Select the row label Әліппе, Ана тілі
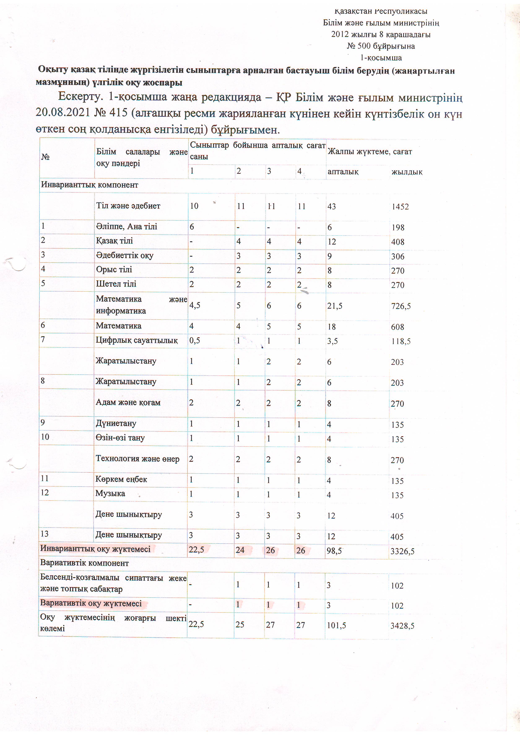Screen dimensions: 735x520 [127, 227]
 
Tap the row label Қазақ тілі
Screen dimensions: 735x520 [114, 241]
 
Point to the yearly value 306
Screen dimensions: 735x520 [398, 256]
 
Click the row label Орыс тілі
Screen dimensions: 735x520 [114, 269]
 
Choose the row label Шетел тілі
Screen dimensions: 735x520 [116, 284]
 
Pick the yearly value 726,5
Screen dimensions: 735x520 [401, 306]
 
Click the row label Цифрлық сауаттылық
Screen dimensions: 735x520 [137, 340]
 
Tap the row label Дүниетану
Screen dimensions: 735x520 [116, 423]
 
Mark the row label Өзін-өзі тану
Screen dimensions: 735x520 [120, 438]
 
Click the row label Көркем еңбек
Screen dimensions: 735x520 [121, 479]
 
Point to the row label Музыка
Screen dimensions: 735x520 [110, 493]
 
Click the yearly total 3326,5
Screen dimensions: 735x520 [402, 551]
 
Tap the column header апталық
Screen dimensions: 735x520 [343, 172]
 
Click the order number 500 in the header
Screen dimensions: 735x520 [364, 46]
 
